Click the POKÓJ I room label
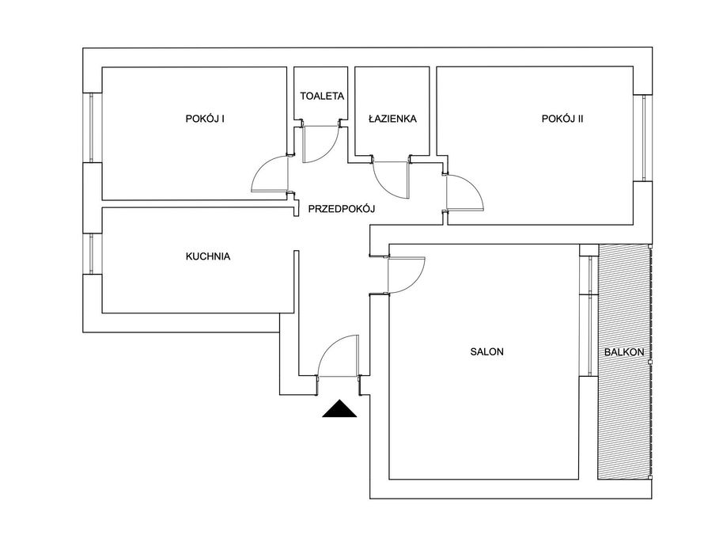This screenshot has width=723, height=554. click(x=205, y=119)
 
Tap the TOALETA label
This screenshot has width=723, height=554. click(x=322, y=96)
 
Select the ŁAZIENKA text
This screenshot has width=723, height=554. click(x=392, y=119)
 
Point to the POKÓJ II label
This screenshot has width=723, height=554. click(x=562, y=119)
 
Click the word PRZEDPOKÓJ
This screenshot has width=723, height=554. click(x=342, y=208)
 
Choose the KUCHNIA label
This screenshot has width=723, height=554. click(x=208, y=256)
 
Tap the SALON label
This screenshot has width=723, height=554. click(x=487, y=351)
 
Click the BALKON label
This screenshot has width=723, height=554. click(x=624, y=352)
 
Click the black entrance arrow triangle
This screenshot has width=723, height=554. click(x=339, y=408)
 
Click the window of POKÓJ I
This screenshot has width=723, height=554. click(x=91, y=127)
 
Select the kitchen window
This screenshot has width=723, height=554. click(x=91, y=254)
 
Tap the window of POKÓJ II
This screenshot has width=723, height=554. click(x=644, y=138)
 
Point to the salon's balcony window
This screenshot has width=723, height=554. click(x=589, y=316)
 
